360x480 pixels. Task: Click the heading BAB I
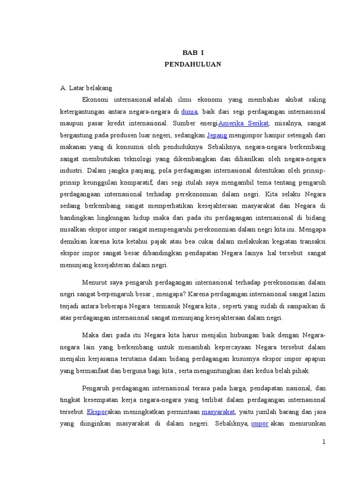193,53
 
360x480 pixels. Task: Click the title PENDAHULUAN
193,64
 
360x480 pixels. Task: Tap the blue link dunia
189,112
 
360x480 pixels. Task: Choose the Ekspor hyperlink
97,412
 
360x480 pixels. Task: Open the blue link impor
259,424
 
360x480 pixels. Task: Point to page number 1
323,442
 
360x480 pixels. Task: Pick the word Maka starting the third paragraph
90,336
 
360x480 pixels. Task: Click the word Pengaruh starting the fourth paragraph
96,389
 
